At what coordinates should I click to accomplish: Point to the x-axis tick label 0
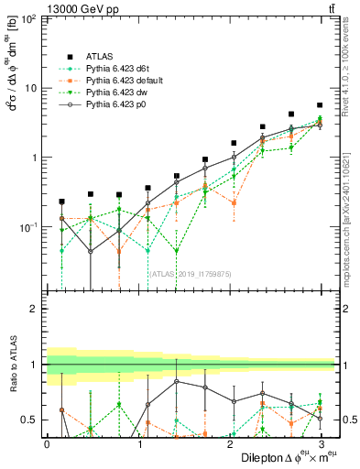[x=47, y=443]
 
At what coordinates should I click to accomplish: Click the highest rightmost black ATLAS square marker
[x=319, y=105]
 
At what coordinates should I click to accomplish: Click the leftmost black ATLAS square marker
[x=61, y=202]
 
